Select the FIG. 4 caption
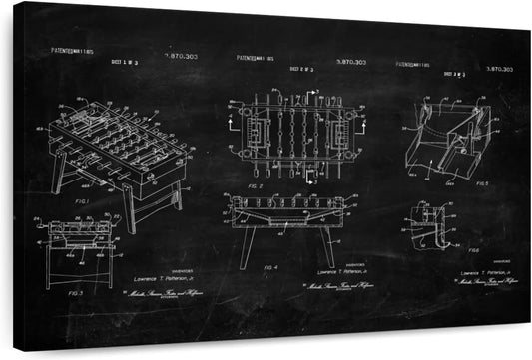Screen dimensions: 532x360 [x=269, y=268]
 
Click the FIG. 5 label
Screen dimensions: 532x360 [x=482, y=183]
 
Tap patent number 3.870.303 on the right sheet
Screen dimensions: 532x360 [x=498, y=69]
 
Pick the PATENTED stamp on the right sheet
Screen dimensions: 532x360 [x=413, y=64]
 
